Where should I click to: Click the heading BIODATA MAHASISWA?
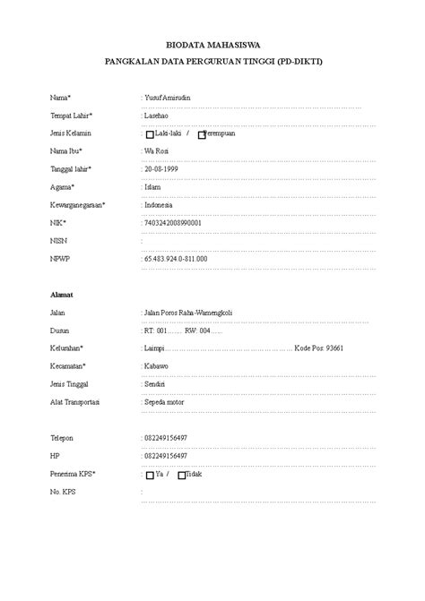pos(212,43)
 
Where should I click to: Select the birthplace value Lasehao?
pos(157,115)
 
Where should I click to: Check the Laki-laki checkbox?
pos(150,134)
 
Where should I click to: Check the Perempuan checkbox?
pos(202,134)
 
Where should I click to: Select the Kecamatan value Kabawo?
pos(157,365)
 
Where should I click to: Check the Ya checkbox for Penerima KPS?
pos(150,475)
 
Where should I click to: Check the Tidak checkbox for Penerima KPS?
pos(182,475)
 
